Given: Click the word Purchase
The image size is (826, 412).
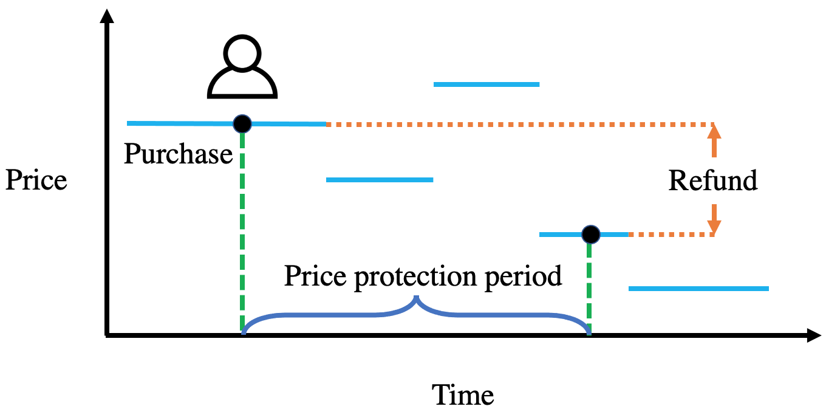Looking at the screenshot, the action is pos(178,154).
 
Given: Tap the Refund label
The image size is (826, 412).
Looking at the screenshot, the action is pos(713,180).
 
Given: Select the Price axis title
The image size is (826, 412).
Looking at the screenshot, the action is pos(36,180).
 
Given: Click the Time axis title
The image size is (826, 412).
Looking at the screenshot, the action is pos(463,394).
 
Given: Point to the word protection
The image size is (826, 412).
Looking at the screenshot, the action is pos(415,277).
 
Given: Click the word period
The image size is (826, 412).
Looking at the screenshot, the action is pos(524,277).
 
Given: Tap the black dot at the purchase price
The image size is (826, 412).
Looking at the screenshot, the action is pos(242,123).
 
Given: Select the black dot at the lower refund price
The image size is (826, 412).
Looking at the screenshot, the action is pos(591,234).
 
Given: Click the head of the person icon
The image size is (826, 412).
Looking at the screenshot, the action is pos(242,52).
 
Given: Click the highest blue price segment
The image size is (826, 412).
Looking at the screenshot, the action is pos(486,84).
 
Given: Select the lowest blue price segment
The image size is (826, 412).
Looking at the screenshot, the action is pos(699,289).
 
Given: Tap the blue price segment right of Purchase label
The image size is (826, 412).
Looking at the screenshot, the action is pos(380,180).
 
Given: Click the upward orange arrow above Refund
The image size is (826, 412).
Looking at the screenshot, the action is pos(714,141).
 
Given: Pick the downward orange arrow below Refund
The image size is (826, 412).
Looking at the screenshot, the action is pos(714,219).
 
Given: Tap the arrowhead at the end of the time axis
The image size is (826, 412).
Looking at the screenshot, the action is pos(814,335).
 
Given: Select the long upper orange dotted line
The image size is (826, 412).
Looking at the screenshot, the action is pos(521,125).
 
